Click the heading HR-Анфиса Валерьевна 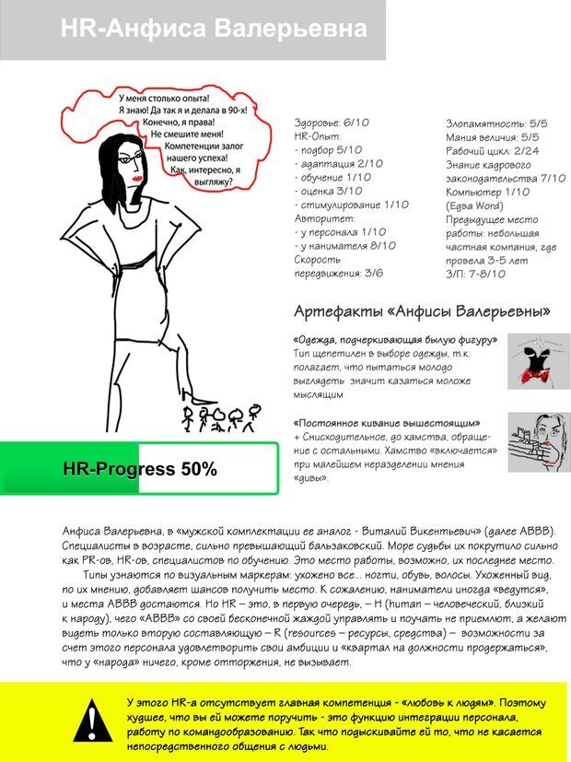(x=213, y=29)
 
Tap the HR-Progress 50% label (x=140, y=469)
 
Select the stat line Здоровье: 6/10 (x=331, y=122)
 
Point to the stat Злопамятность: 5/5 (x=496, y=122)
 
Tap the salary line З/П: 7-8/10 (x=475, y=273)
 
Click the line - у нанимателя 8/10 (x=344, y=245)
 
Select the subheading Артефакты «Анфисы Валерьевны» (x=422, y=311)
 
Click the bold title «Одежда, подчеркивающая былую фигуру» (x=395, y=340)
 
